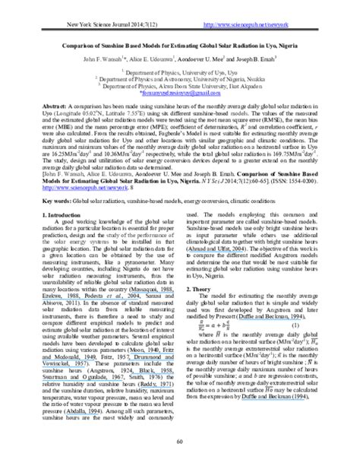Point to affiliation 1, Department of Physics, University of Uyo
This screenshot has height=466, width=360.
coord(180,73)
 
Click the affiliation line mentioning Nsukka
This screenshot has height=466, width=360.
coord(180,80)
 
